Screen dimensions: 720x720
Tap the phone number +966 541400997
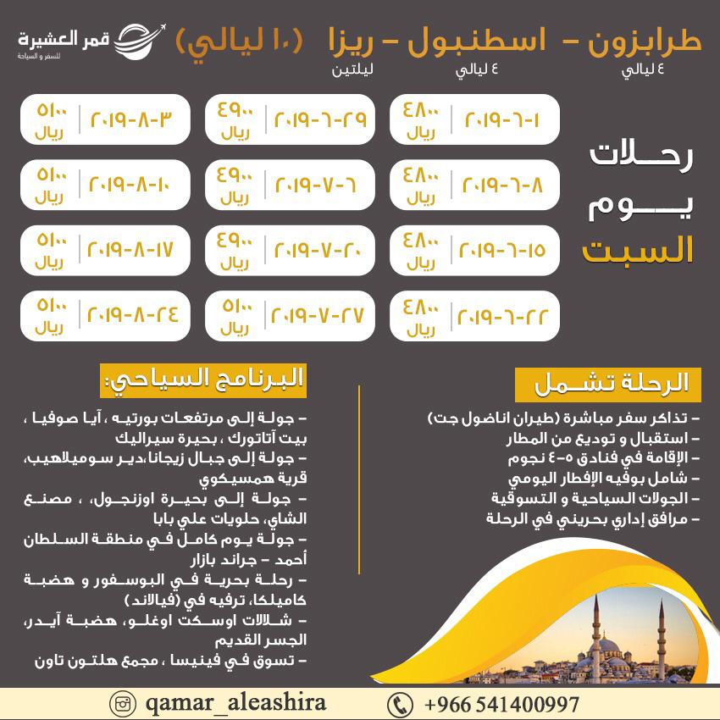click(x=501, y=705)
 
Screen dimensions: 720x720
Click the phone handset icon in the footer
click(x=399, y=705)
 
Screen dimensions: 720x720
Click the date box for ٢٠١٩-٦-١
click(x=501, y=119)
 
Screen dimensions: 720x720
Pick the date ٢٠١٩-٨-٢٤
click(x=134, y=315)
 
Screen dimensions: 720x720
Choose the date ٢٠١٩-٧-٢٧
click(x=317, y=315)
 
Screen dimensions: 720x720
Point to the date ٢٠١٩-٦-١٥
click(x=501, y=251)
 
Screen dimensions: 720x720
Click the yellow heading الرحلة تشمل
click(x=607, y=384)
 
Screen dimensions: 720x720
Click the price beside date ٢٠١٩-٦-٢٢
click(x=418, y=315)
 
